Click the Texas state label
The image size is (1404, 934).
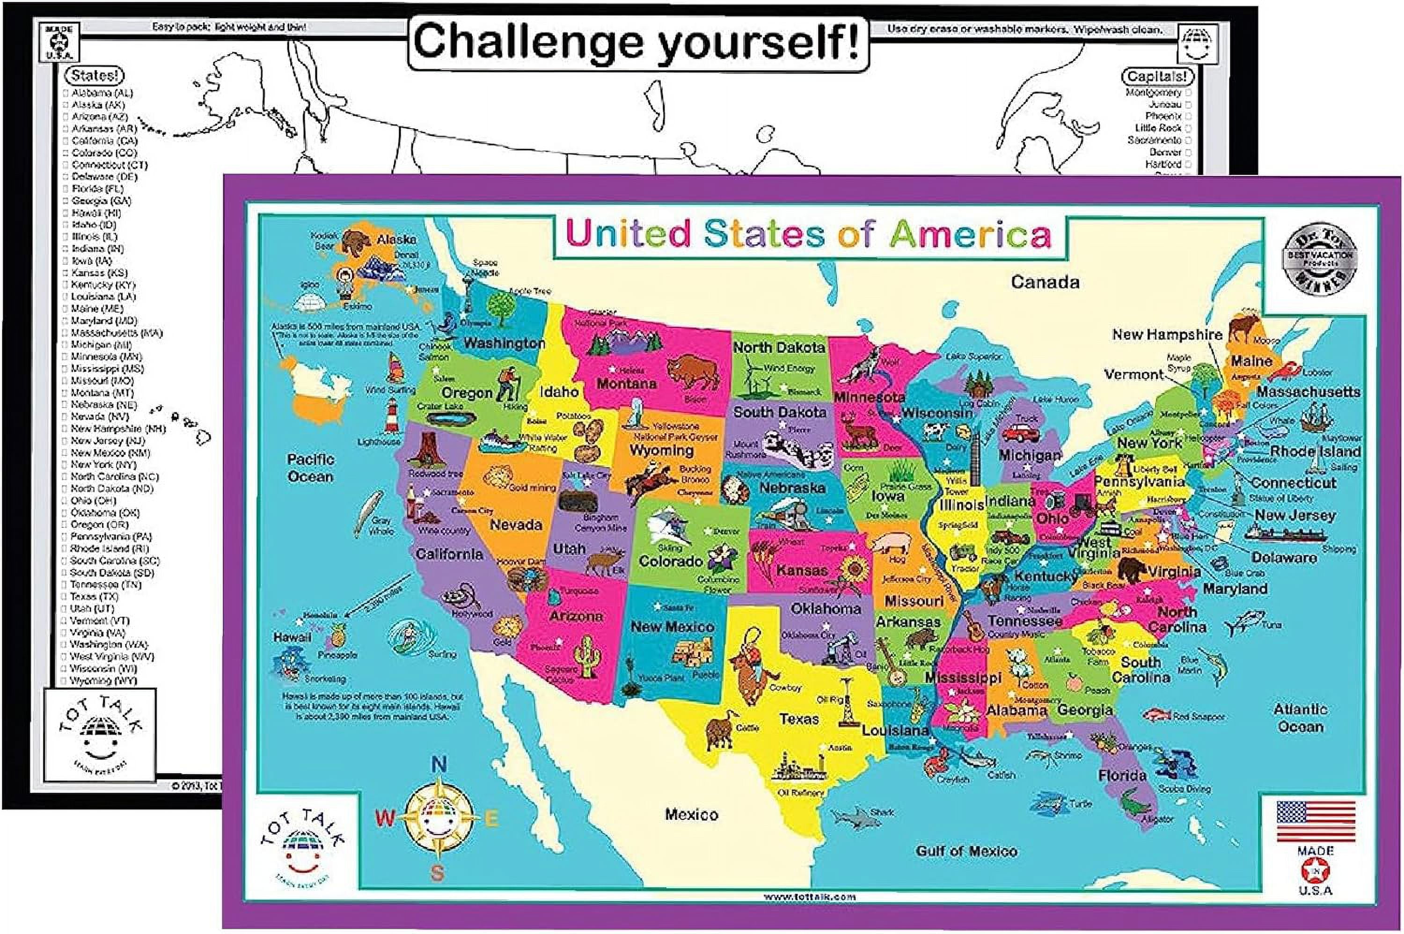click(x=799, y=719)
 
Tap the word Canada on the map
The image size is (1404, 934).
click(x=1045, y=282)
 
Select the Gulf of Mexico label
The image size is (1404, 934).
click(x=966, y=851)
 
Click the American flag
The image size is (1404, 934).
click(x=1316, y=821)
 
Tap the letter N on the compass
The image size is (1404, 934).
click(x=439, y=763)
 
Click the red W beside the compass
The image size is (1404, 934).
click(x=385, y=819)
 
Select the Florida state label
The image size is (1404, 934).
click(x=1122, y=775)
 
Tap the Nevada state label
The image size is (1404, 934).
click(x=515, y=525)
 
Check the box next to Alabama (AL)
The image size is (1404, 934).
click(x=66, y=94)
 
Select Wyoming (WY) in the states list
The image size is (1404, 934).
click(x=103, y=680)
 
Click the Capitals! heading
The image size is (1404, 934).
click(x=1157, y=76)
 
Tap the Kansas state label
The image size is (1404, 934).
click(x=802, y=570)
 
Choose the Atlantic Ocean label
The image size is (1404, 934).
click(x=1301, y=718)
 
